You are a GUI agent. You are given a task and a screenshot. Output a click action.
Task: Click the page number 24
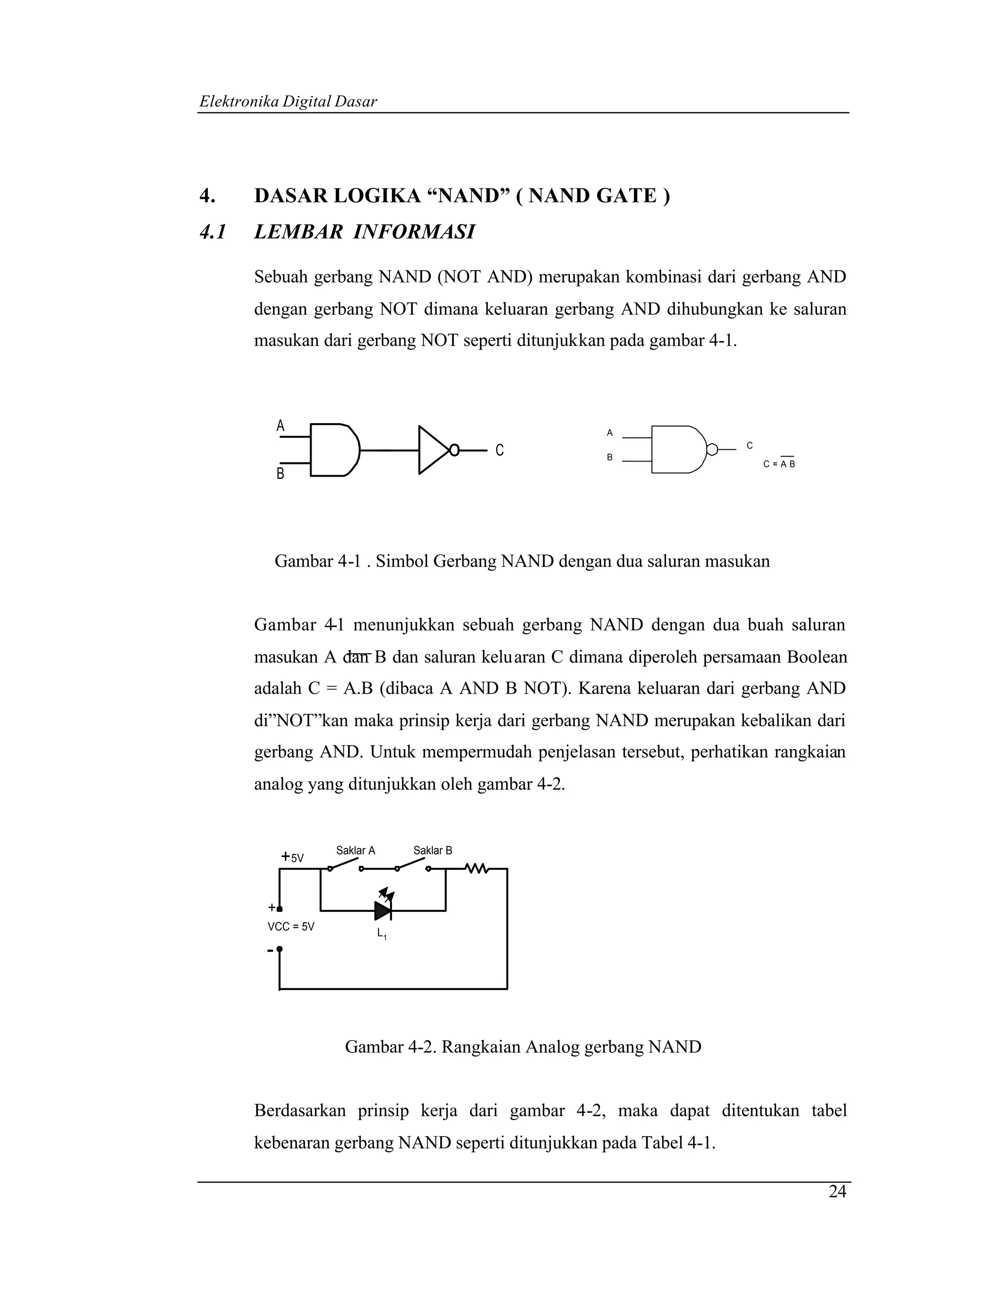click(837, 1192)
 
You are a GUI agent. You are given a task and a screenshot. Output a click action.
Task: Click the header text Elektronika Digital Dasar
click(288, 102)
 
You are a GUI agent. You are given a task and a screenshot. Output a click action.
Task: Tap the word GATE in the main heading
click(626, 196)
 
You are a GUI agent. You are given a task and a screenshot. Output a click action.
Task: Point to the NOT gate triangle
click(433, 449)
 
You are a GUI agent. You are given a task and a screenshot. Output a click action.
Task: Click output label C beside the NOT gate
click(499, 450)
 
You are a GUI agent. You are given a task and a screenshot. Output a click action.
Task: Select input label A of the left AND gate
click(280, 425)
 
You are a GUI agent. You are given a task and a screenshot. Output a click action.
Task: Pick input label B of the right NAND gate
click(609, 458)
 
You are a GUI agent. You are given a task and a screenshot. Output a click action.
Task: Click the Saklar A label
click(355, 850)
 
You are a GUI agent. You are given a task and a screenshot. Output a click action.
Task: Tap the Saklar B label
click(432, 850)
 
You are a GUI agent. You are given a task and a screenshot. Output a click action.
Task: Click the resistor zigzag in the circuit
click(476, 868)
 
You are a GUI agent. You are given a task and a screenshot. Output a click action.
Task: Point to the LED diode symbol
click(383, 910)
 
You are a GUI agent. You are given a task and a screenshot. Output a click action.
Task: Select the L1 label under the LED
click(382, 934)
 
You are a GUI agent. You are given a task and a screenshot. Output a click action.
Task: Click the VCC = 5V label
click(291, 927)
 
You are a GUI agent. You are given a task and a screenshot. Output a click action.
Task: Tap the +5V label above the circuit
click(293, 857)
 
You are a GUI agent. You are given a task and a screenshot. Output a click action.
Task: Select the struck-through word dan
click(357, 657)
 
